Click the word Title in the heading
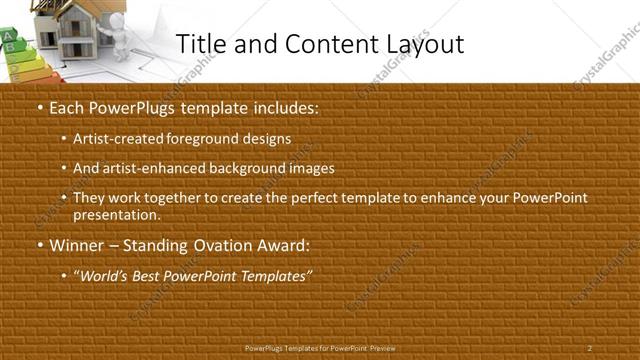(198, 44)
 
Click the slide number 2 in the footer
(590, 347)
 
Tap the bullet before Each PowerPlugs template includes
(38, 106)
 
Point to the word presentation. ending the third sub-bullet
(116, 214)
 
